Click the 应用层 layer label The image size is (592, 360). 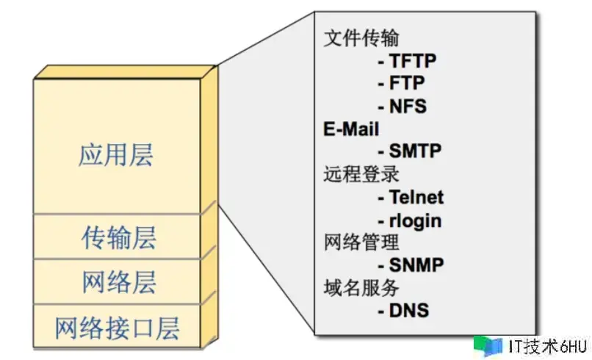[116, 155]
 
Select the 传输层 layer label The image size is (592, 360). [118, 238]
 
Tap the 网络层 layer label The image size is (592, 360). [118, 282]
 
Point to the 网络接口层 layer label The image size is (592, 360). [118, 327]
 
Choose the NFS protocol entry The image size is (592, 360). [402, 107]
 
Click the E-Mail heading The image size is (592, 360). [351, 129]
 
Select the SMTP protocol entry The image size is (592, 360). [410, 151]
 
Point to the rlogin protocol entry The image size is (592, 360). [410, 220]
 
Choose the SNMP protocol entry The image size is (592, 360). [410, 264]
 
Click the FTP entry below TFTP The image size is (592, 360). [401, 84]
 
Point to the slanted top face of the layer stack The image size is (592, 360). [125, 72]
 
